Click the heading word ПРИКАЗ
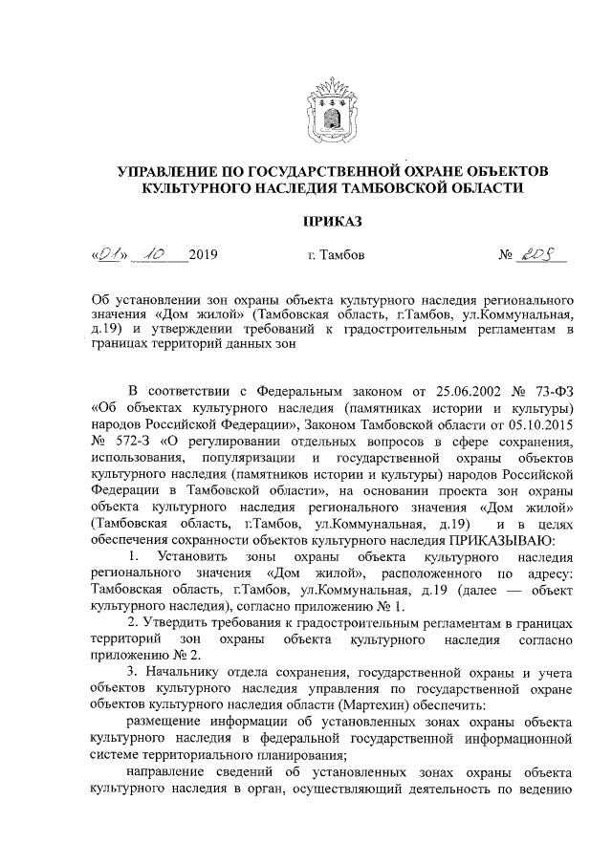pyautogui.click(x=332, y=223)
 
